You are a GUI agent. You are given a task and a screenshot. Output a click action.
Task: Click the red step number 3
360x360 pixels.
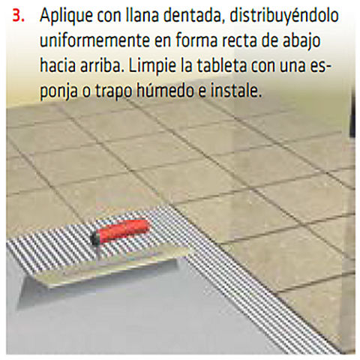pyautogui.click(x=18, y=16)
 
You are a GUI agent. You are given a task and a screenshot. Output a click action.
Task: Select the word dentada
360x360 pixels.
pyautogui.click(x=192, y=15)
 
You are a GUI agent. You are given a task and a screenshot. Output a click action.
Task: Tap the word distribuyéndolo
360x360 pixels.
pyautogui.click(x=284, y=16)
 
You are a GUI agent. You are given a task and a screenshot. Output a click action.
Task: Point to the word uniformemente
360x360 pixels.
pyautogui.click(x=94, y=40)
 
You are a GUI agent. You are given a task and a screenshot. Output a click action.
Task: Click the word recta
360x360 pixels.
pyautogui.click(x=239, y=41)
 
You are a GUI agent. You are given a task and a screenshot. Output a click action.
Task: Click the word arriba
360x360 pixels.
pyautogui.click(x=102, y=65)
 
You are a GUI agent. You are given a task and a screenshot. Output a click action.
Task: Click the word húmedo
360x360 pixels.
pyautogui.click(x=165, y=90)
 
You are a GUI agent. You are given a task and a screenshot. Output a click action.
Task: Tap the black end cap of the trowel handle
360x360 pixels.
pyautogui.click(x=95, y=238)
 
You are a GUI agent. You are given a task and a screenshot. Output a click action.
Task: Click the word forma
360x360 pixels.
pyautogui.click(x=196, y=40)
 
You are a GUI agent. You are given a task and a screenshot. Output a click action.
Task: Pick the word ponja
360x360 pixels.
pyautogui.click(x=58, y=91)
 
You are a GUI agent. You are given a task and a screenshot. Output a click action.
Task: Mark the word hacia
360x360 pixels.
pyautogui.click(x=58, y=65)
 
